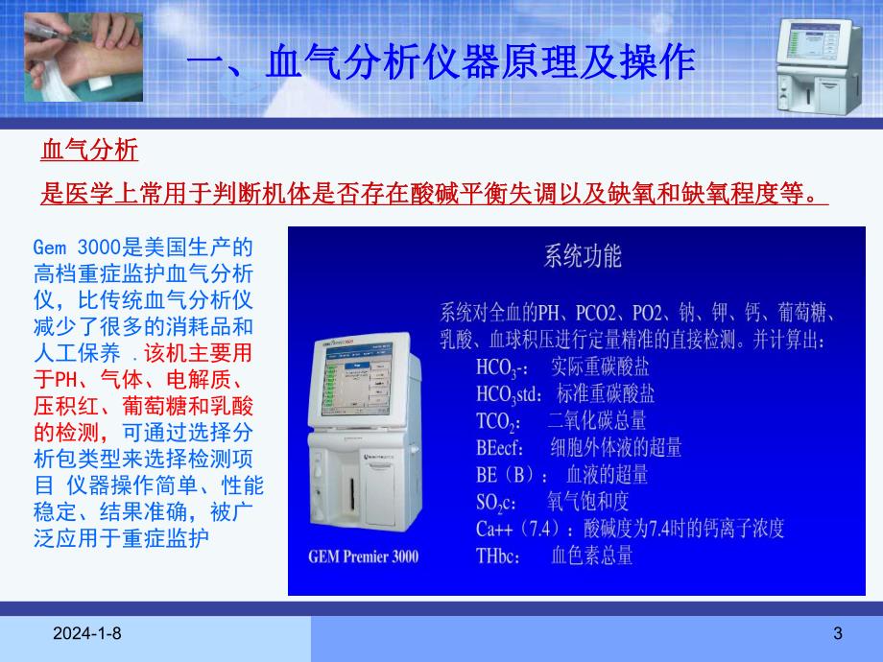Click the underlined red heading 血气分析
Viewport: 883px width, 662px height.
click(x=89, y=150)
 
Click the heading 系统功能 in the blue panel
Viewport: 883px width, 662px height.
click(x=582, y=256)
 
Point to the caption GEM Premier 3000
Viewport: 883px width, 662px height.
click(x=364, y=556)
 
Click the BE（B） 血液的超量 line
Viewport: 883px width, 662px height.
click(x=561, y=474)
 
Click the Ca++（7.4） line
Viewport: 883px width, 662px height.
click(x=630, y=528)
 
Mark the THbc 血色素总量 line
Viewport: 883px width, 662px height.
click(x=553, y=555)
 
